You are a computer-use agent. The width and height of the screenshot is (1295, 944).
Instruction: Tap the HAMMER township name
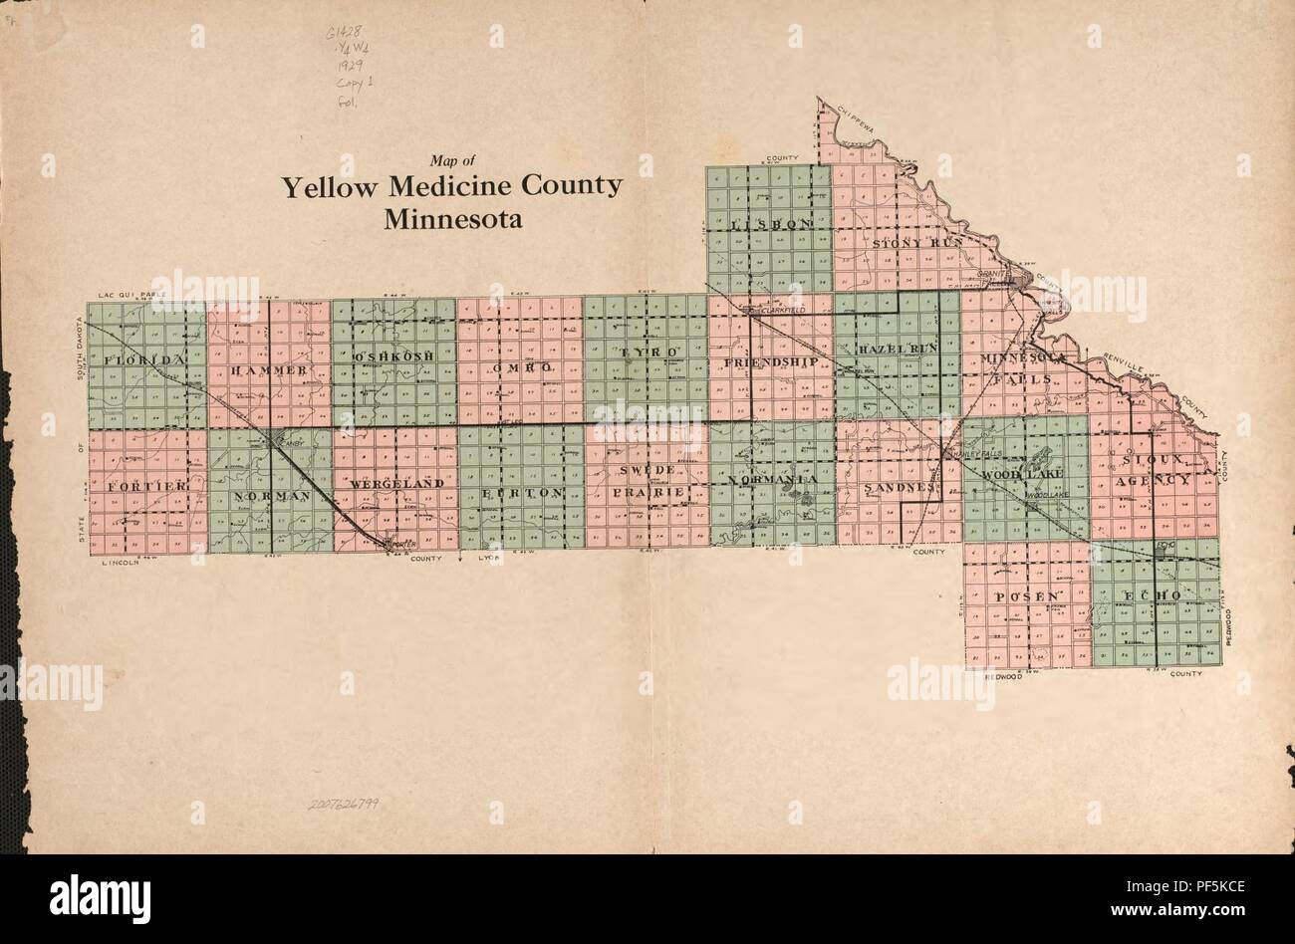269,370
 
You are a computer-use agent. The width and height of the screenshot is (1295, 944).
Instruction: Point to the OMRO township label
521,367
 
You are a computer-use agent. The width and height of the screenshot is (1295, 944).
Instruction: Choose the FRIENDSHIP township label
772,362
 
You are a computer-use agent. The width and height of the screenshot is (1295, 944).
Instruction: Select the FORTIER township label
147,485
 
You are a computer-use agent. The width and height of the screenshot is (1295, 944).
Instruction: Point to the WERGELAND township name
396,483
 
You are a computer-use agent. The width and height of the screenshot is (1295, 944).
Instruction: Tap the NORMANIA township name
773,480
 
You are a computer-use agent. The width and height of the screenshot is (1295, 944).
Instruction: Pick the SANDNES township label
900,488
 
